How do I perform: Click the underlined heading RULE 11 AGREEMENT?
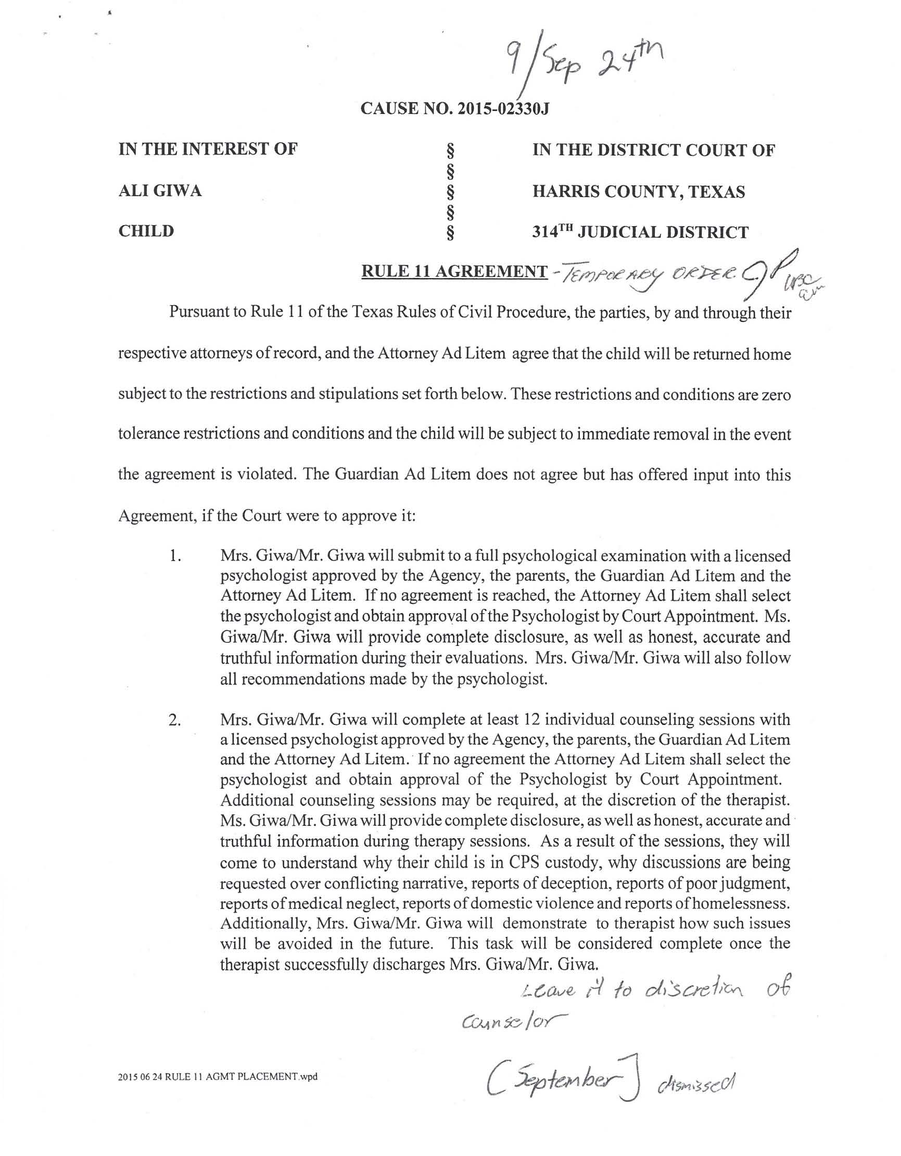pyautogui.click(x=454, y=271)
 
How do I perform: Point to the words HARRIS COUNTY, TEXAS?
pyautogui.click(x=638, y=191)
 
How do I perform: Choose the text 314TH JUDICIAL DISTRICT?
pyautogui.click(x=640, y=232)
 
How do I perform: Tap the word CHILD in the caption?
pyautogui.click(x=146, y=231)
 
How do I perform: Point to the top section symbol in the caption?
pyautogui.click(x=450, y=151)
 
